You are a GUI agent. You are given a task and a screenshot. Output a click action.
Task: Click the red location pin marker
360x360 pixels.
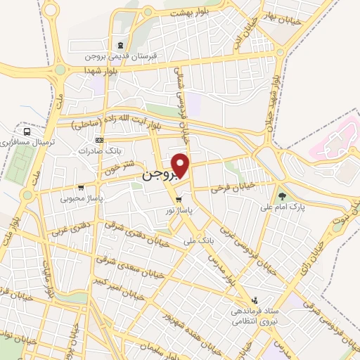click(181, 165)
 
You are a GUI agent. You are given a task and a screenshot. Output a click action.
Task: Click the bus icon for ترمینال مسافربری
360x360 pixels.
click(27, 131)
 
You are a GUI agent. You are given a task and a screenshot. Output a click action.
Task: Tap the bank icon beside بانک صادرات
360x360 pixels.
click(98, 139)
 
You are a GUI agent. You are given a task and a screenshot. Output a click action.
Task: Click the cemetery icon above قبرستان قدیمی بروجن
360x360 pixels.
click(120, 44)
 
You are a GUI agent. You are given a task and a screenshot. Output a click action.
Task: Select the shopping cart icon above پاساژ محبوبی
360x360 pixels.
click(82, 187)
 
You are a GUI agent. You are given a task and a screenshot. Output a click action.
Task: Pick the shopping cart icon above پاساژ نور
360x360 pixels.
click(188, 198)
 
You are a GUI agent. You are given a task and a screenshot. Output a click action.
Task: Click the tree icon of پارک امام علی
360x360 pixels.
click(283, 195)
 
